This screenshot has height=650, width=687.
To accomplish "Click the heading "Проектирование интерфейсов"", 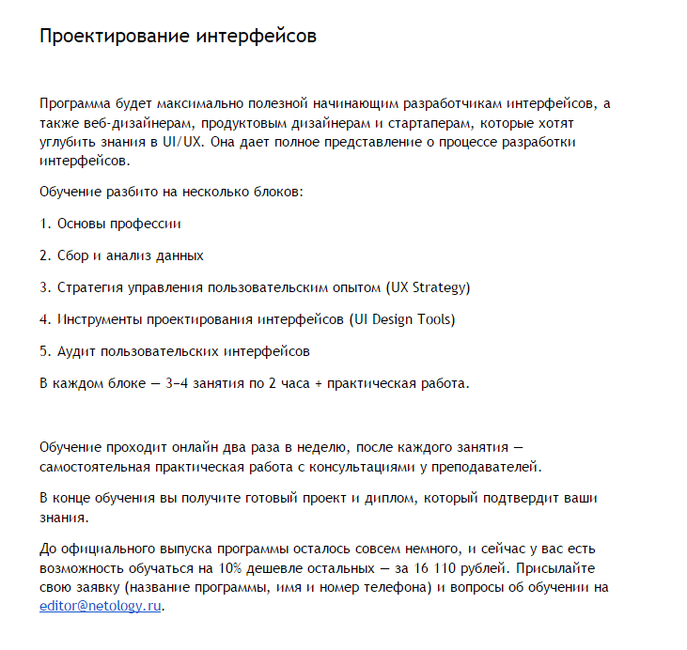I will pos(178,37).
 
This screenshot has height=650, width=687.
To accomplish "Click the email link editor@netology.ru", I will pos(101,606).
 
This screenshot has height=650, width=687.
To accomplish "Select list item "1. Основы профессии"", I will pos(110,224).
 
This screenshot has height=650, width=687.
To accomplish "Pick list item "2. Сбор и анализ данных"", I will pos(121,255).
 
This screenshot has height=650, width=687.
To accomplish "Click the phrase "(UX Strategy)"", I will pos(428,287).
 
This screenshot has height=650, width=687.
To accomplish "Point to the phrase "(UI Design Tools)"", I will pos(401,319).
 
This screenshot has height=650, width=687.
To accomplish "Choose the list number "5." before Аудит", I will pos(45,351).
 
